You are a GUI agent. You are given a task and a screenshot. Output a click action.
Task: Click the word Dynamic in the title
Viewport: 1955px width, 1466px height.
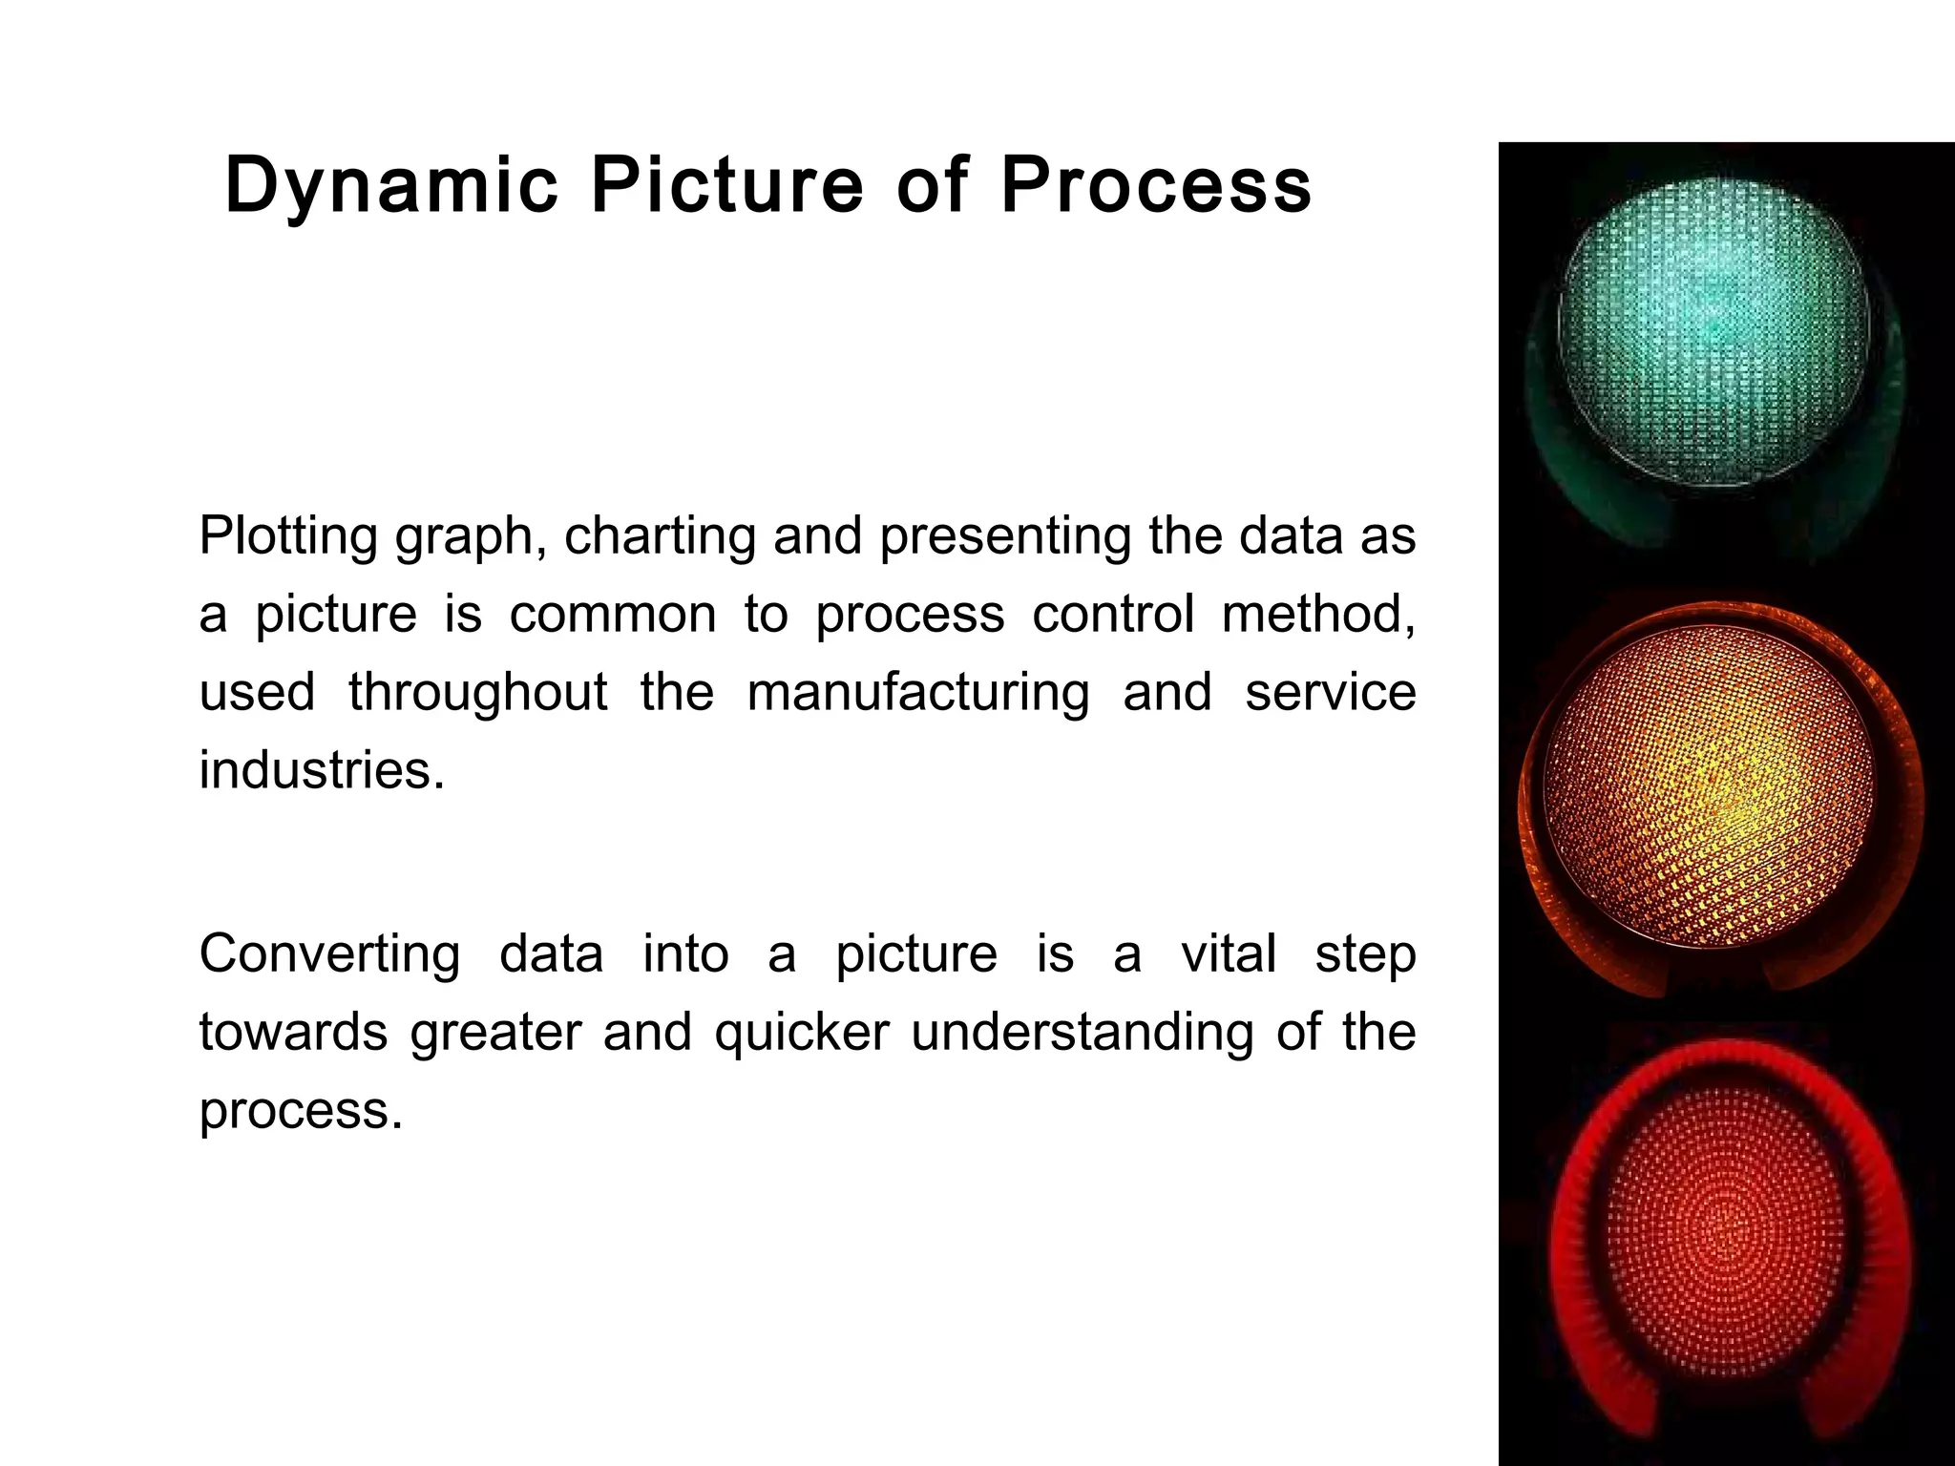pos(391,186)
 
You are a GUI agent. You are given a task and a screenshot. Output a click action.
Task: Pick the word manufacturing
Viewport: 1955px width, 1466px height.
pos(918,693)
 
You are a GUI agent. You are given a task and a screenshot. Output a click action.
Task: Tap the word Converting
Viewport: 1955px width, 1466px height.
pos(329,954)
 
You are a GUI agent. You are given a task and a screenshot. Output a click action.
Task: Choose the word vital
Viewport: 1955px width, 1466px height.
pos(1229,954)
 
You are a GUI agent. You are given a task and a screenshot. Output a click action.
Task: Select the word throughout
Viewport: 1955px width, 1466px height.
pos(477,693)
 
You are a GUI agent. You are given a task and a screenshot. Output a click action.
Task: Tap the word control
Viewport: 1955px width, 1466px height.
pos(1113,614)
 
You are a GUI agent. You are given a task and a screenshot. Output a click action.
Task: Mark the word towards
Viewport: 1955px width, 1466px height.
pos(293,1033)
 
